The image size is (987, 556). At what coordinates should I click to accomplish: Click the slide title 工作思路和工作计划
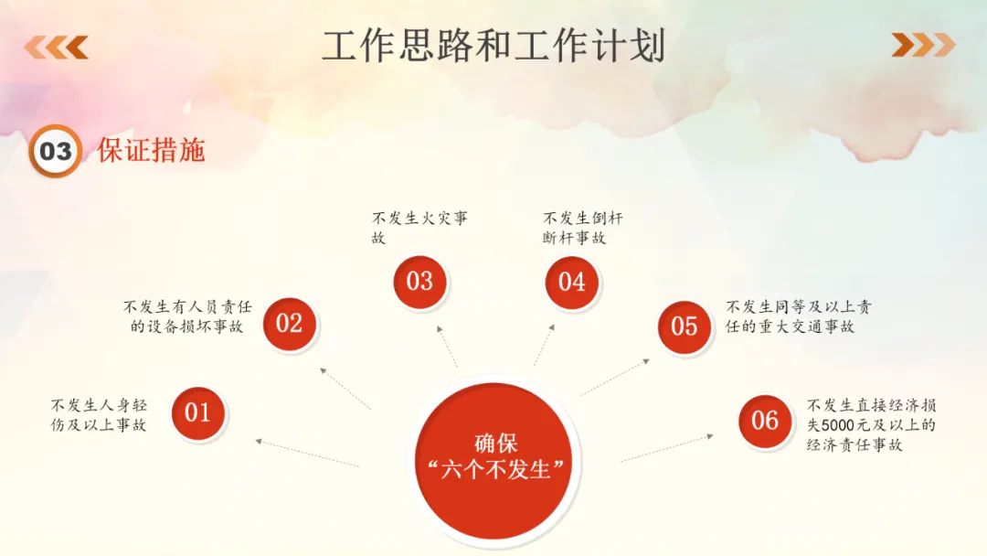493,46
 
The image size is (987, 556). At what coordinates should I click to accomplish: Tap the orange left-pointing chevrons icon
57,46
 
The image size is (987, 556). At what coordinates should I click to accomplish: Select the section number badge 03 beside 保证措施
55,151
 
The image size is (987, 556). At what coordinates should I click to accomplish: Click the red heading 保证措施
151,151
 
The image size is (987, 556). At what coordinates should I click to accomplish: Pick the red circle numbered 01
198,413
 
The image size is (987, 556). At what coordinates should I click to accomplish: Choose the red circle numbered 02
289,323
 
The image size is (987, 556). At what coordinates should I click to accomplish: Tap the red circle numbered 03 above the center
419,281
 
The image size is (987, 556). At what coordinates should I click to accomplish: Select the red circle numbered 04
571,281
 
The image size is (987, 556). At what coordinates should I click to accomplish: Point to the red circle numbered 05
684,326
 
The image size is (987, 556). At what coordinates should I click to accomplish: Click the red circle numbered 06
764,421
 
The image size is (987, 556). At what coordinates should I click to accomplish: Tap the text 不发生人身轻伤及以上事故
99,414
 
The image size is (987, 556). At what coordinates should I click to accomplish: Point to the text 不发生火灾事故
419,228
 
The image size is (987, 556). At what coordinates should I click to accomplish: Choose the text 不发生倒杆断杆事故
582,228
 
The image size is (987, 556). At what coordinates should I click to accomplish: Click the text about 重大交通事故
798,316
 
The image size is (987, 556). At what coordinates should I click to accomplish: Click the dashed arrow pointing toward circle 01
307,453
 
